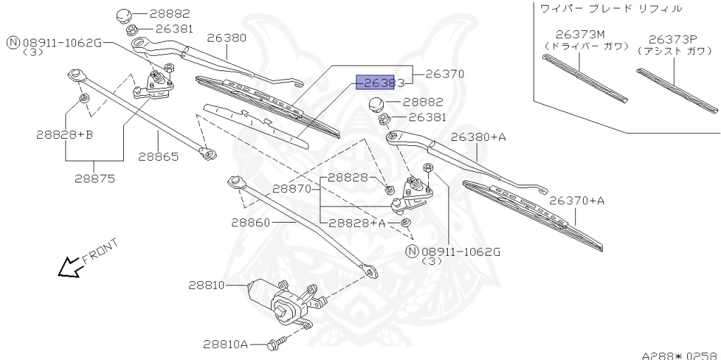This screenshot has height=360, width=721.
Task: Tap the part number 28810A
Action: [225, 345]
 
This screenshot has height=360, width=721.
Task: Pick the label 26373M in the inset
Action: [579, 34]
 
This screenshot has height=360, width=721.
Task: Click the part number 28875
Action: [94, 178]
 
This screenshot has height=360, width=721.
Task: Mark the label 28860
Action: [251, 221]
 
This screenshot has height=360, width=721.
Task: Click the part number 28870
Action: [292, 189]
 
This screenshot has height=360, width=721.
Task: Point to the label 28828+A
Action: [357, 223]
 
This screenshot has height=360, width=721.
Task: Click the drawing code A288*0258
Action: [679, 354]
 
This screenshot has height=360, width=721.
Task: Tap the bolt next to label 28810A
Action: [275, 345]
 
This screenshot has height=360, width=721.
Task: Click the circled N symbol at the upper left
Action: [12, 43]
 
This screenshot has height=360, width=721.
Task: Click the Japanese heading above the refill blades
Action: [609, 8]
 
